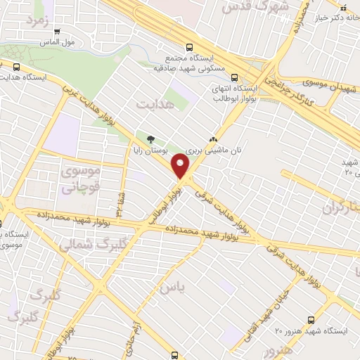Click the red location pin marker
tap(181, 167)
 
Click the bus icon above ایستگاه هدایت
tap(15, 67)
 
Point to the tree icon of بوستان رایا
tap(148, 137)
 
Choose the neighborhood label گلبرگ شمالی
tap(84, 244)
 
